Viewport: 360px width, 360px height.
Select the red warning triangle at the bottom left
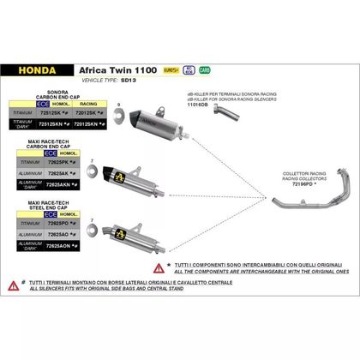point(13,308)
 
